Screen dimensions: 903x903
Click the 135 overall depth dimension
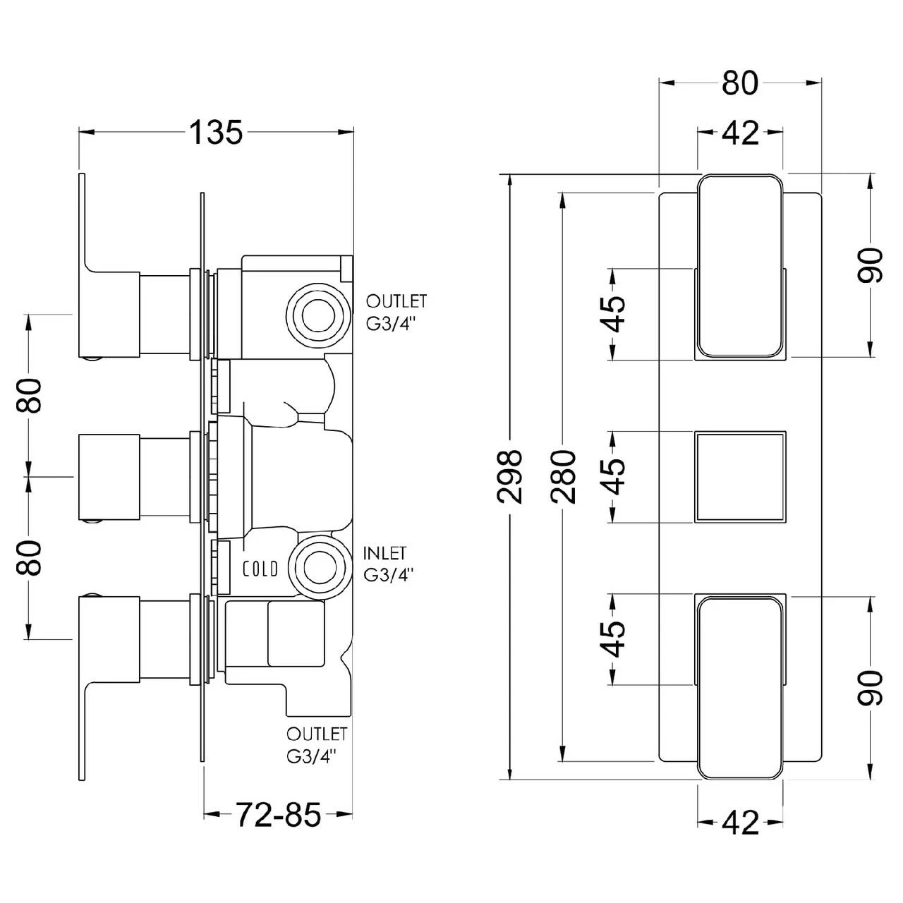tap(215, 132)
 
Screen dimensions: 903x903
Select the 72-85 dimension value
tap(278, 816)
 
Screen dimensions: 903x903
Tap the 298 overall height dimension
tap(509, 476)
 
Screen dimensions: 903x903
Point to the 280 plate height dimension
tap(564, 476)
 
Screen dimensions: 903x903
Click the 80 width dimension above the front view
tap(740, 83)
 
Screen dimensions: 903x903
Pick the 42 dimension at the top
tap(740, 133)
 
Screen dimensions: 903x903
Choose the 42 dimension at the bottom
tap(740, 823)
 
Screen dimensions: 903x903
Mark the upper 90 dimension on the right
tap(872, 265)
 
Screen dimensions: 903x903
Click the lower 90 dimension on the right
tap(872, 688)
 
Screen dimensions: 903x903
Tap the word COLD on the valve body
tap(260, 569)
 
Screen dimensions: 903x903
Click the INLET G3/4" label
tap(385, 564)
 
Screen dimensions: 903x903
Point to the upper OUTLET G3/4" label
tap(396, 311)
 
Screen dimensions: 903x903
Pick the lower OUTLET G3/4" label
tap(317, 745)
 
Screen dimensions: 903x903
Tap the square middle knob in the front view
tap(740, 476)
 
